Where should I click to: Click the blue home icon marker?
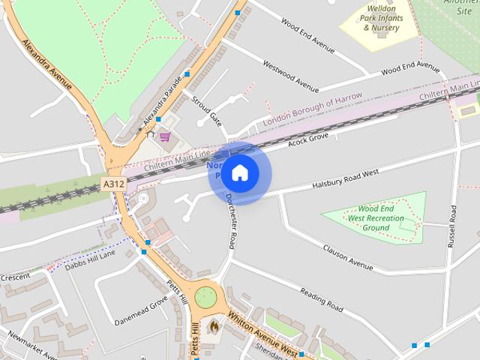(239, 173)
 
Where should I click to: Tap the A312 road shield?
(113, 184)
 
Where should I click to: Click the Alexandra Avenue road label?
(49, 64)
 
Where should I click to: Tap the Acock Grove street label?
(308, 140)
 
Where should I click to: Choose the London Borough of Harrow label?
(313, 109)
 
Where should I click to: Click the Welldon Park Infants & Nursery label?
(377, 20)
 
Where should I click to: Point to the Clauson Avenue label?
(348, 257)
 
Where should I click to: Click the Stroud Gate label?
(206, 109)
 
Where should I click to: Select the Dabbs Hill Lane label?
(90, 259)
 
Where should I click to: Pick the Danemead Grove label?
(141, 311)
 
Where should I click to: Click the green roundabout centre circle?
(205, 298)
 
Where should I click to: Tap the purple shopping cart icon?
(164, 136)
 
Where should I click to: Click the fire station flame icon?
(214, 328)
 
